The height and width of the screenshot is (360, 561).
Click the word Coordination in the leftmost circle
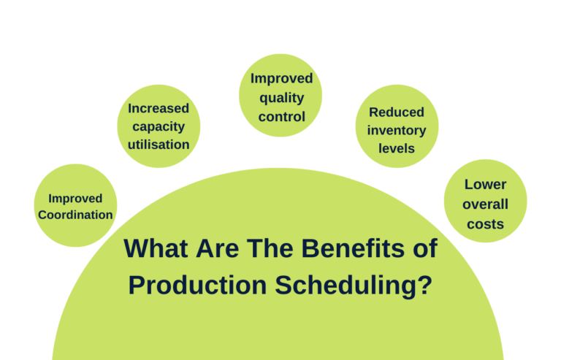point(75,215)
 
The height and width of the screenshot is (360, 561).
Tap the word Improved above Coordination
point(75,198)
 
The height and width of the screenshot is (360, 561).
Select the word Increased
point(159,108)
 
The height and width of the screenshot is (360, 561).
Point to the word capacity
point(159,126)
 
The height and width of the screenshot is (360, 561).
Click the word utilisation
point(159,144)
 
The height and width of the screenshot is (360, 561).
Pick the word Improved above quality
point(281,78)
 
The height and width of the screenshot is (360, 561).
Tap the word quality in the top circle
point(281,97)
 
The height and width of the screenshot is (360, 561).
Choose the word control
point(281,115)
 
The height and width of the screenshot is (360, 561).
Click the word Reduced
point(397,112)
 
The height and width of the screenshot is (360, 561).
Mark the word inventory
point(397,130)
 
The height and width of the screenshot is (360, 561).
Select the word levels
point(397,148)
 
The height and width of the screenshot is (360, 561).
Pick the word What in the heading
point(155,249)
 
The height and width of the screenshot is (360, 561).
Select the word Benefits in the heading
point(351,249)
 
